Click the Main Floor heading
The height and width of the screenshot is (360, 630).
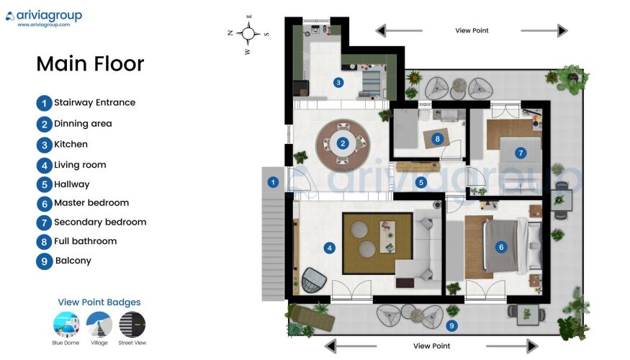tap(90, 64)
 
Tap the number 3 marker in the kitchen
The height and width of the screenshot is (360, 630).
tap(338, 83)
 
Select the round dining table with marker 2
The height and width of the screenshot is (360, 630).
tap(343, 143)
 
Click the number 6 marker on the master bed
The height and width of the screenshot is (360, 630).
tap(501, 247)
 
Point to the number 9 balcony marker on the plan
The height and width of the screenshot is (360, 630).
tap(451, 326)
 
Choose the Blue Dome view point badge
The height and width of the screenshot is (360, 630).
tap(66, 324)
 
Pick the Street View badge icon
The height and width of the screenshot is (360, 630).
tap(132, 324)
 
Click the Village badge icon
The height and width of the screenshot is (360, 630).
tap(99, 324)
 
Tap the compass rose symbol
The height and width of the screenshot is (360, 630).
tap(248, 34)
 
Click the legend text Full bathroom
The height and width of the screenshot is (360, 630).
tap(85, 241)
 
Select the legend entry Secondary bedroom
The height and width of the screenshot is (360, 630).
tap(100, 222)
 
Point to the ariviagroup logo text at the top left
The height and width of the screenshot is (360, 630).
tap(49, 16)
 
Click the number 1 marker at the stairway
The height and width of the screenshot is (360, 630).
tap(273, 182)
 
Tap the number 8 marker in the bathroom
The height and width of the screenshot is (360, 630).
tap(438, 139)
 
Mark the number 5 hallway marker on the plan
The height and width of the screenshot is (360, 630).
tap(421, 182)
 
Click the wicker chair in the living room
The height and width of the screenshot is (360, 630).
tap(314, 280)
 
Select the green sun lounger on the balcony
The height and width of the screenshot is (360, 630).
tap(311, 317)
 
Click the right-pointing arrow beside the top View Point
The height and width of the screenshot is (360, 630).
tap(544, 30)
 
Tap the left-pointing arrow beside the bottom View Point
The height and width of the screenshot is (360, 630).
tap(351, 346)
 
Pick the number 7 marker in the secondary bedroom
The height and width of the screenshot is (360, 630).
tap(521, 153)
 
